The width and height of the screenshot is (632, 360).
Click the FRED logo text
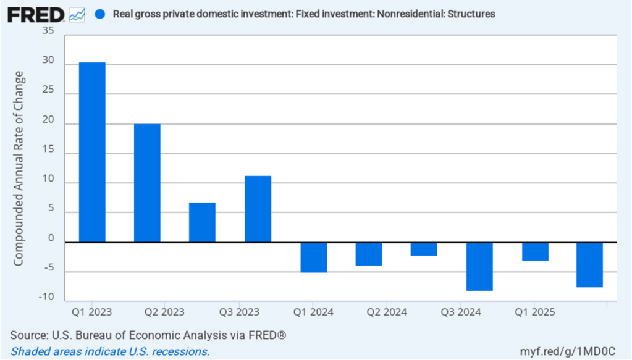pyautogui.click(x=36, y=14)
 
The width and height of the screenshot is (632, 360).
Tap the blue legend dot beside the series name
pyautogui.click(x=100, y=14)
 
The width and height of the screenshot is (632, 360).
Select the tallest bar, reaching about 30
pyautogui.click(x=92, y=152)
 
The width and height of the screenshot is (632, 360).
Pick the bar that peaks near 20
pyautogui.click(x=147, y=183)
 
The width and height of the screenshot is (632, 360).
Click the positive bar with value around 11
pyautogui.click(x=258, y=209)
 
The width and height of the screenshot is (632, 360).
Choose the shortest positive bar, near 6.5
pyautogui.click(x=202, y=222)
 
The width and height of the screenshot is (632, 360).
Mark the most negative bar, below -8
pyautogui.click(x=479, y=266)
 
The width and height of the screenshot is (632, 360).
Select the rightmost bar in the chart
pyautogui.click(x=589, y=265)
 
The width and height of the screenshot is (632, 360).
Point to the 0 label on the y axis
pyautogui.click(x=51, y=238)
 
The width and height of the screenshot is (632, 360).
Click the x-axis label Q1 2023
pyautogui.click(x=92, y=312)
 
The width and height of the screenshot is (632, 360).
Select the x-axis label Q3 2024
pyautogui.click(x=461, y=312)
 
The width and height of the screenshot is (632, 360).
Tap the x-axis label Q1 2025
pyautogui.click(x=534, y=312)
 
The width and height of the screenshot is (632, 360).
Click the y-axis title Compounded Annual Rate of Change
pyautogui.click(x=19, y=168)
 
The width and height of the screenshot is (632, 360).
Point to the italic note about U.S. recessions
pyautogui.click(x=110, y=351)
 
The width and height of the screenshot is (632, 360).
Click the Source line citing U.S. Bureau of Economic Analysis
pyautogui.click(x=148, y=335)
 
